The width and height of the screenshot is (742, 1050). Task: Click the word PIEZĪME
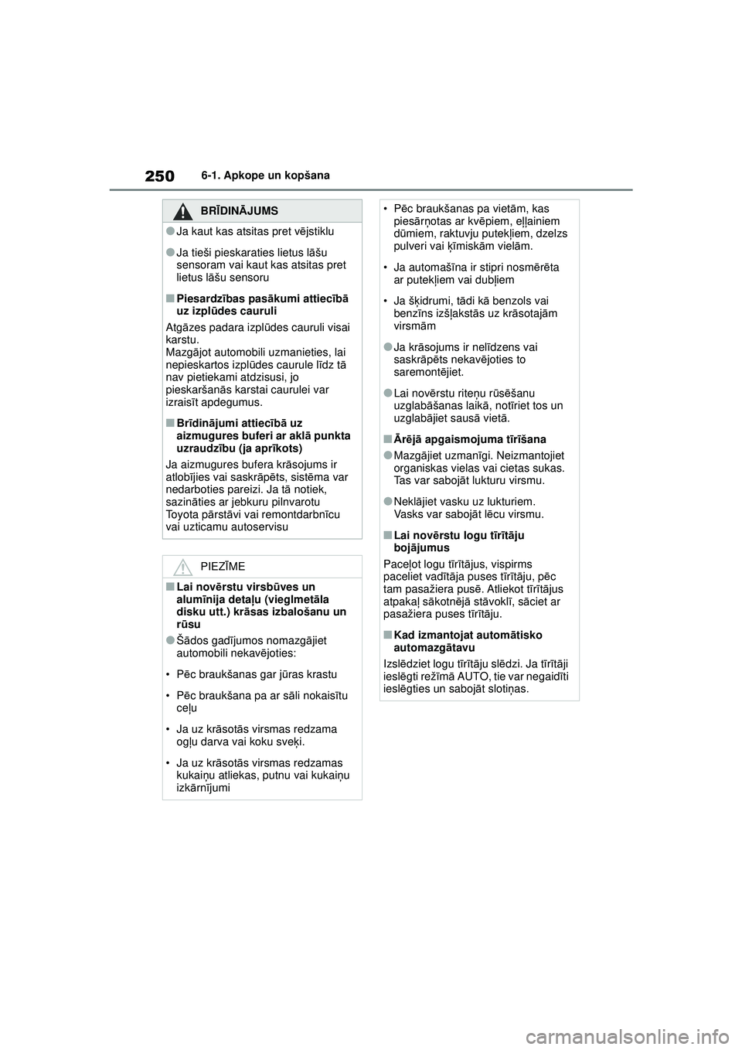(223, 567)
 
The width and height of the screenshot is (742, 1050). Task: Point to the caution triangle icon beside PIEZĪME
(182, 567)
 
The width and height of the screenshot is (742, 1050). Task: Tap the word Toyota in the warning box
(182, 514)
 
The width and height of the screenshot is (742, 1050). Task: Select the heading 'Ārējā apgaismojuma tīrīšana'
(469, 439)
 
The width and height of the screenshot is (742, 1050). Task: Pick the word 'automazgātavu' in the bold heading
(434, 647)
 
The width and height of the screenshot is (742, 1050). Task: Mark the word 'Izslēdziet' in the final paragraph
(409, 663)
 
